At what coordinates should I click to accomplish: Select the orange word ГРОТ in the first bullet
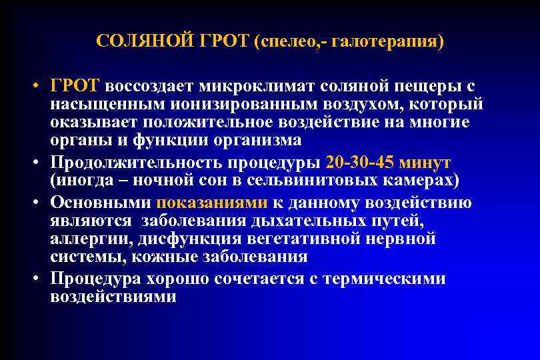click(x=74, y=87)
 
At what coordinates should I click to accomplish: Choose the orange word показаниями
click(x=211, y=203)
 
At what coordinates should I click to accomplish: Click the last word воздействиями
click(x=113, y=297)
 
